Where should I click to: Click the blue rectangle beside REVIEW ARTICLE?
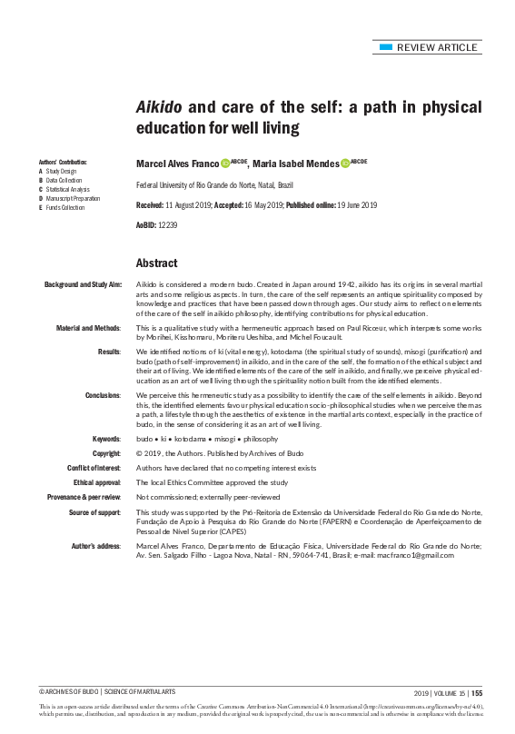(x=387, y=46)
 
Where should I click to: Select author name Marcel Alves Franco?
(x=177, y=164)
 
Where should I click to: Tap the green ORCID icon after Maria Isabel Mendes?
(x=345, y=164)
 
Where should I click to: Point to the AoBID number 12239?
(x=164, y=223)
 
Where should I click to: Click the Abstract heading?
(x=156, y=263)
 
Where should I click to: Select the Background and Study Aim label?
(x=83, y=285)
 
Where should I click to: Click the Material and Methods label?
(x=88, y=327)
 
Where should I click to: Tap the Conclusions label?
(x=104, y=397)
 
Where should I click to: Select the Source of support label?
(x=92, y=512)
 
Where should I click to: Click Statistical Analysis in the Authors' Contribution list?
(x=66, y=189)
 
